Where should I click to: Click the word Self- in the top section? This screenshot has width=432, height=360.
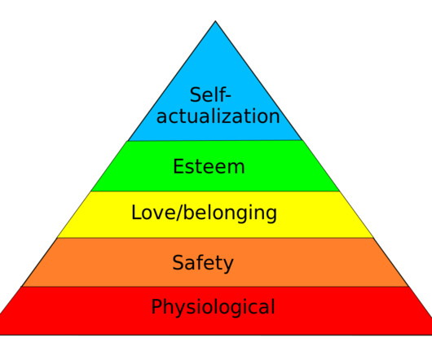[210, 94]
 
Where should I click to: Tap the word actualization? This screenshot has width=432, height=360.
[218, 116]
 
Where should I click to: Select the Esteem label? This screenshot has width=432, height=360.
[209, 166]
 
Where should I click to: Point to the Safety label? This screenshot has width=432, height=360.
[203, 263]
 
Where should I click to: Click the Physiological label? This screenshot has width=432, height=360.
[213, 306]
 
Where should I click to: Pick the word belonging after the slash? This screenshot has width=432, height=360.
[230, 213]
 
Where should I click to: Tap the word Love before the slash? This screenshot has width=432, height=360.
[153, 213]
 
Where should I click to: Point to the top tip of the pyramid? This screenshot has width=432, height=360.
[215, 20]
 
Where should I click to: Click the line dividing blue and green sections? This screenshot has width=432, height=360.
[215, 141]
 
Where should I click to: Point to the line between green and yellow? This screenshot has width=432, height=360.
[215, 191]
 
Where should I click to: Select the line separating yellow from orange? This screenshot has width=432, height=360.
[215, 238]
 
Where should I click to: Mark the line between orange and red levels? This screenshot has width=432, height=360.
[215, 287]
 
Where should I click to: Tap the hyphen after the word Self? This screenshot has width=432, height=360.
[228, 97]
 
